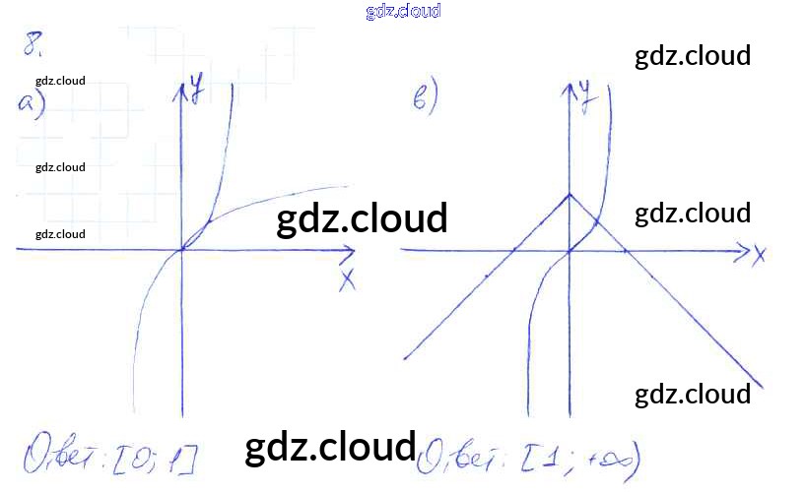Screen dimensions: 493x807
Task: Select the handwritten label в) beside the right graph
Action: pos(425,98)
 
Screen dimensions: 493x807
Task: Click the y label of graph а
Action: pos(198,94)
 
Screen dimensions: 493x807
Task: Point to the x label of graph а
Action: pos(347,279)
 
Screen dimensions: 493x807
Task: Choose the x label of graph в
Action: pos(759,257)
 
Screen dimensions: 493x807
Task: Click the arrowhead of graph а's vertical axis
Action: pos(181,89)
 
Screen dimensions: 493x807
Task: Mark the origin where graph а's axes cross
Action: pos(181,250)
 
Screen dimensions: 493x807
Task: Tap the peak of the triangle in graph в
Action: pos(570,194)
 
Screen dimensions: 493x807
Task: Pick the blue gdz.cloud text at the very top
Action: pos(402,11)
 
